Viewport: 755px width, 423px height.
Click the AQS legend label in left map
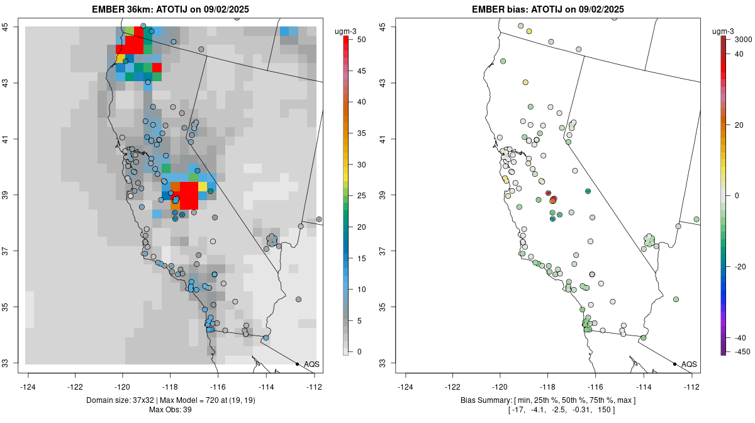click(x=311, y=364)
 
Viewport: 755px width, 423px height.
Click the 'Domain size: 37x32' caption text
click(x=123, y=400)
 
